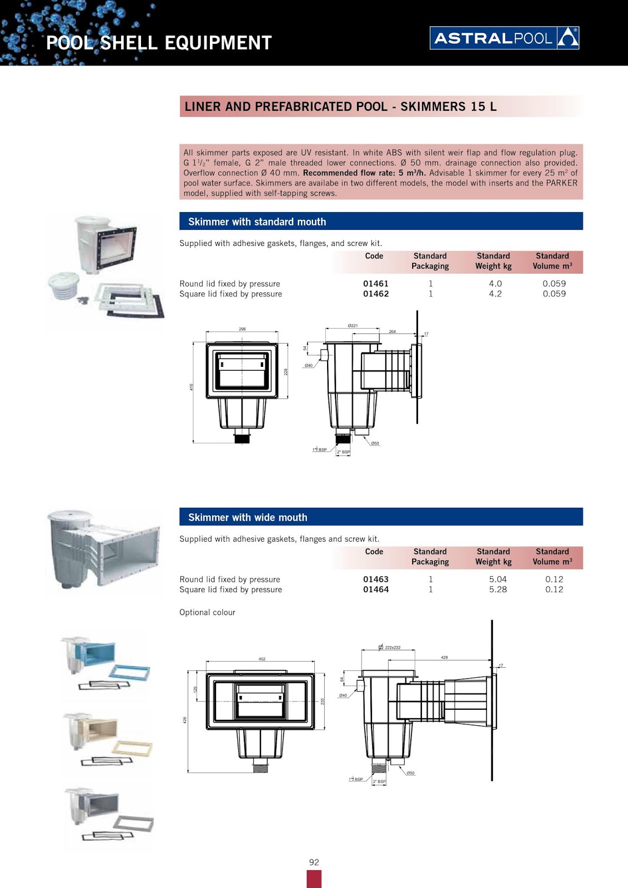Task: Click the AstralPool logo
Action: (504, 38)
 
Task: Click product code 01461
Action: (375, 284)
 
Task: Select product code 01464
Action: (375, 589)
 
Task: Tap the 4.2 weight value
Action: (495, 294)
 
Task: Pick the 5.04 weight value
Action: (498, 579)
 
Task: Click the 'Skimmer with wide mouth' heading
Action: (248, 517)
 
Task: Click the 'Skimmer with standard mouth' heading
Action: (257, 222)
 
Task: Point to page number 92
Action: (314, 862)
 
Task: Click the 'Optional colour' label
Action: (207, 612)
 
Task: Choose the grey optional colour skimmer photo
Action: (107, 815)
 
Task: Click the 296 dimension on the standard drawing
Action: (242, 329)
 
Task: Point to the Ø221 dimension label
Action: (353, 326)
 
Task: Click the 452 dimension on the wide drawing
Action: (262, 659)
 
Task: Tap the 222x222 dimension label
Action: (392, 648)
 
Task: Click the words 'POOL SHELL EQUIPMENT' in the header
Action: (159, 43)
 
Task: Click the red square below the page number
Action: (314, 879)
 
